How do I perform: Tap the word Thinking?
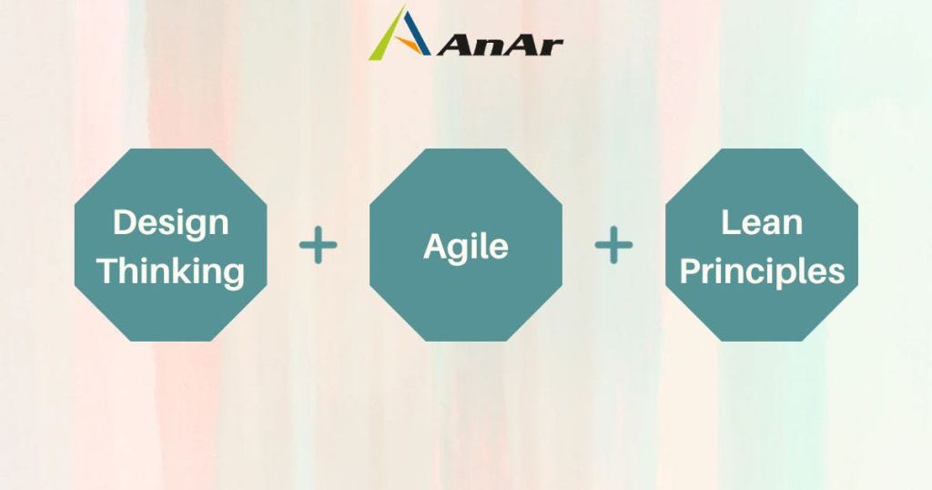click(170, 271)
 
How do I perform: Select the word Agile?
click(465, 246)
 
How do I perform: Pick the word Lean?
click(761, 223)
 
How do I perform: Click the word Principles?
click(762, 271)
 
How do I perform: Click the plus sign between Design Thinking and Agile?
click(318, 246)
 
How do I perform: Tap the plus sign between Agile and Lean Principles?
click(613, 246)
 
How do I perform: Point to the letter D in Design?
click(123, 221)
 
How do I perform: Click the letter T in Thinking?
click(108, 270)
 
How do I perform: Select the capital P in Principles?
click(690, 270)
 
